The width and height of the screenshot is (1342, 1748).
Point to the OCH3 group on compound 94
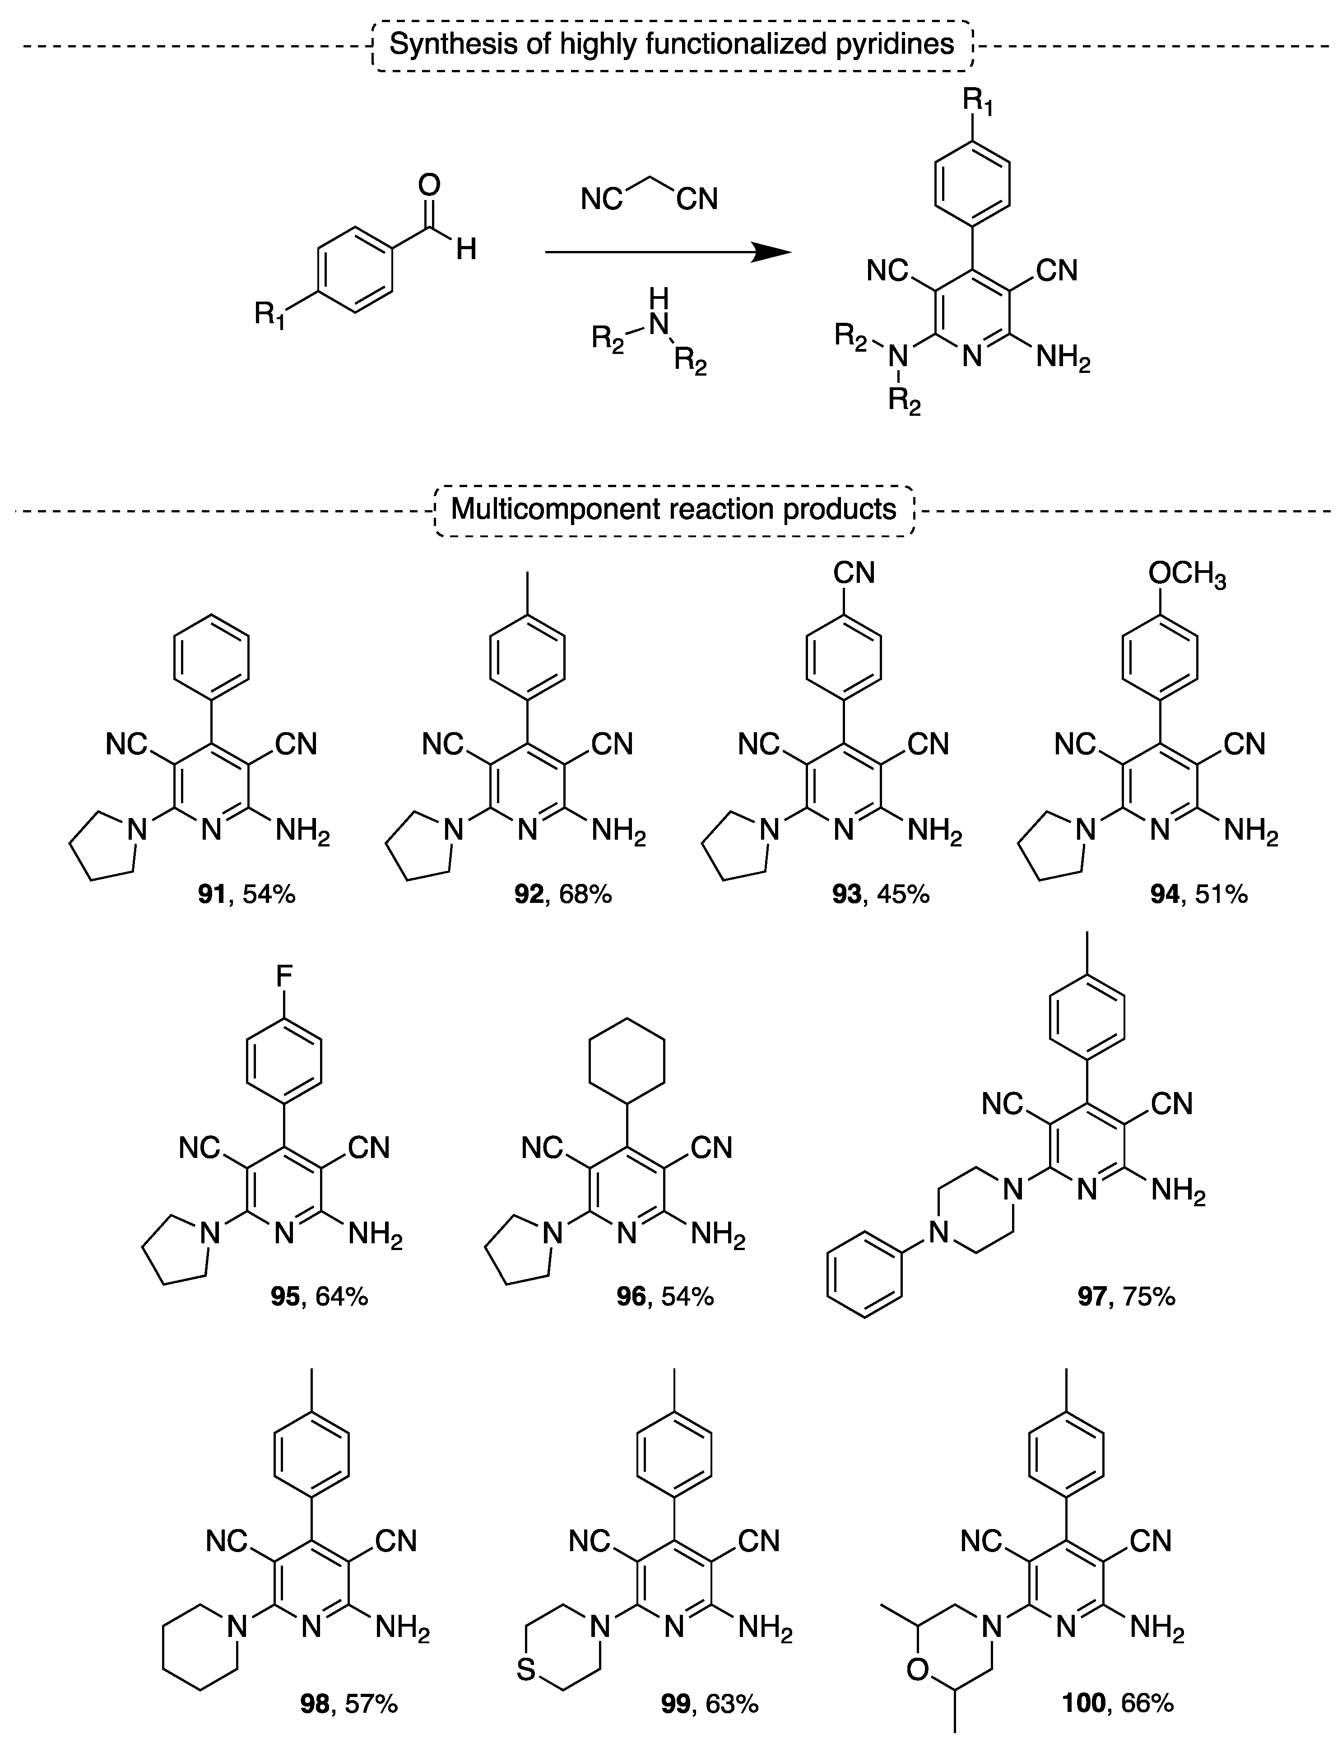[x=1187, y=574]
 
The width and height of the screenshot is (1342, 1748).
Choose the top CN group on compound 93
[x=854, y=573]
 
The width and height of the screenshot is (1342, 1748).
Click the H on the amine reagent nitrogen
[x=658, y=300]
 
